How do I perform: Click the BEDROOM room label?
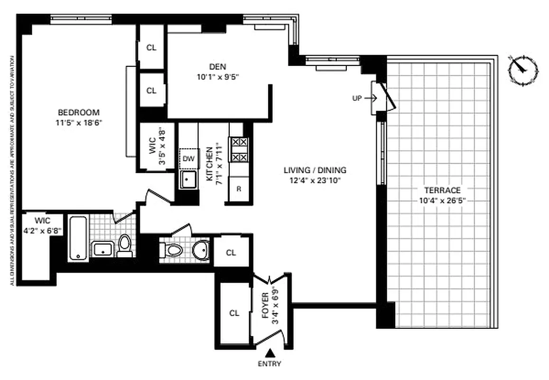(x=78, y=113)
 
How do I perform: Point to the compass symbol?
(x=523, y=70)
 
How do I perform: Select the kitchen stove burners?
(x=238, y=149)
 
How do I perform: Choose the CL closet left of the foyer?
(x=234, y=313)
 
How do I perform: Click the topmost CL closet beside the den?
(x=151, y=47)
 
